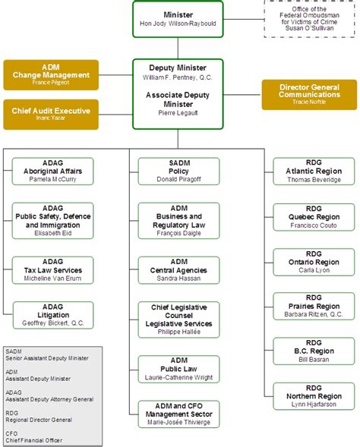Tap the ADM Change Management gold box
coord(51,75)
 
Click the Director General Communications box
coord(308,94)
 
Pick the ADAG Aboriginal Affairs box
coord(52,172)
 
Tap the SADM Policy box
coord(178,172)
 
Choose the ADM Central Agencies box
coord(178,269)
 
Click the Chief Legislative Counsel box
coord(178,319)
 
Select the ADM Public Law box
coord(178,367)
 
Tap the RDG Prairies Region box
coord(313,307)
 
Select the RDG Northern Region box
coord(313,396)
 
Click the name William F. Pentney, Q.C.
coord(178,77)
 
